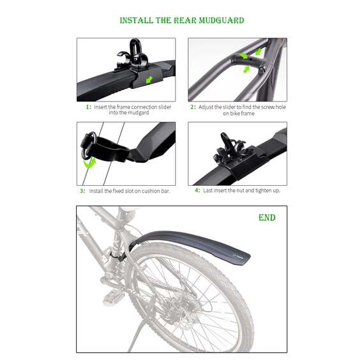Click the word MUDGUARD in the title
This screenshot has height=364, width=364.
222,20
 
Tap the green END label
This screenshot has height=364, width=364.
267,218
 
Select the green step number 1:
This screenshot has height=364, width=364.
89,107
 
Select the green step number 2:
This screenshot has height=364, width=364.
193,107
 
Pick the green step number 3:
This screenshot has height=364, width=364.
82,191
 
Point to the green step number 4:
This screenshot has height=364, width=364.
197,190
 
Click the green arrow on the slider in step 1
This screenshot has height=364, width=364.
149,80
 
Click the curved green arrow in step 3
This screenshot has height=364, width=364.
89,163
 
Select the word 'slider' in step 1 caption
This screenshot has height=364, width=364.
165,107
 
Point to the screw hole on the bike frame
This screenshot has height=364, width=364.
261,70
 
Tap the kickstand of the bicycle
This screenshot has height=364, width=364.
137,337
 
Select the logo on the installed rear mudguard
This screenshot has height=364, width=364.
238,256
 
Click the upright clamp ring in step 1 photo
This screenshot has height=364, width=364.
135,49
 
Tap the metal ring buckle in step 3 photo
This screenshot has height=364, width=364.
89,146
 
